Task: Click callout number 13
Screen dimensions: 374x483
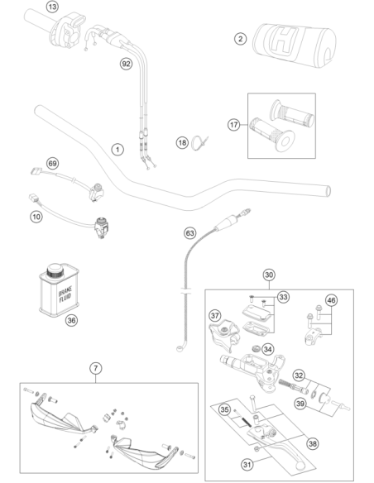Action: tap(52, 7)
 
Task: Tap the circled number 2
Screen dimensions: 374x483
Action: tap(240, 39)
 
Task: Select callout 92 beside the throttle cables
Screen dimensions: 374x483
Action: tap(126, 64)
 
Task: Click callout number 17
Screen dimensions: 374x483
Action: tap(234, 125)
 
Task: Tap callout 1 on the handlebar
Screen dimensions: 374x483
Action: tap(117, 150)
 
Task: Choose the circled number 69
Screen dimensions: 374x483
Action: tap(53, 163)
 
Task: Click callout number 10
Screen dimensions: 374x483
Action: tap(36, 217)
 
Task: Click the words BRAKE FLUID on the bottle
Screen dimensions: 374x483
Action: tap(65, 294)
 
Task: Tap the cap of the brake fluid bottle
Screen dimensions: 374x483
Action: tap(55, 270)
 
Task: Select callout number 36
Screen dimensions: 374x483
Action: tap(71, 320)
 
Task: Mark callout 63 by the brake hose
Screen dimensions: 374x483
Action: tap(189, 233)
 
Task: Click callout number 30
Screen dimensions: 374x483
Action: tap(269, 275)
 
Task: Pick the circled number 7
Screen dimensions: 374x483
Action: tap(95, 368)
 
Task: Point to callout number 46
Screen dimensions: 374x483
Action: tap(331, 300)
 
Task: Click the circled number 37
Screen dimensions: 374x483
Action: tap(215, 315)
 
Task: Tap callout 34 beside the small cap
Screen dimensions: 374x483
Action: tap(268, 349)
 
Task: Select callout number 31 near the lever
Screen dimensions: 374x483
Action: tap(247, 464)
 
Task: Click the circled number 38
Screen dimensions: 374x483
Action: tap(313, 443)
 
